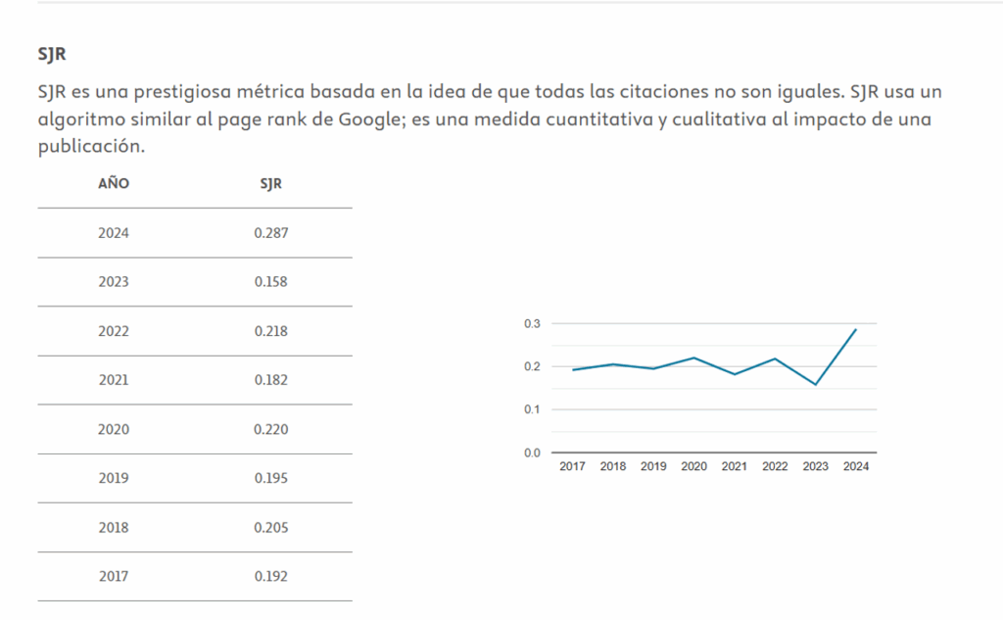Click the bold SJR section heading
[x=52, y=54]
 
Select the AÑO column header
[x=114, y=183]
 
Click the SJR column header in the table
[x=270, y=183]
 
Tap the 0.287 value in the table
[x=270, y=233]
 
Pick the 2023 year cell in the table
[x=114, y=282]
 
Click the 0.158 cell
[x=270, y=282]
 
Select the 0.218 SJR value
[x=270, y=331]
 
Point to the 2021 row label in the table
[x=114, y=380]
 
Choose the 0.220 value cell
[x=270, y=429]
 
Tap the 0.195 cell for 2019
[x=270, y=478]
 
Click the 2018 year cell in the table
[x=114, y=527]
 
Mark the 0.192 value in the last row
[x=270, y=576]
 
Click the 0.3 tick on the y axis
[x=532, y=323]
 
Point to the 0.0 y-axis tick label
[x=532, y=453]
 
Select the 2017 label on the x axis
[x=572, y=466]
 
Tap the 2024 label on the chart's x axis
[x=856, y=466]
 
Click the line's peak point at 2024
[x=856, y=329]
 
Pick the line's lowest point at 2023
[x=815, y=385]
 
